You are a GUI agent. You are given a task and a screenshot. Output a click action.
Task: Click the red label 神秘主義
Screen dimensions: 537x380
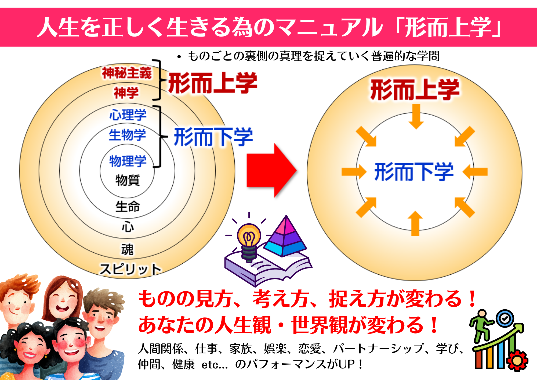tap(127, 73)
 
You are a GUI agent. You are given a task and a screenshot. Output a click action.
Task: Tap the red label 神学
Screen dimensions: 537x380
tap(126, 93)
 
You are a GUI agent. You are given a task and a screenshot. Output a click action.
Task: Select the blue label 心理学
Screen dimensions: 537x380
tap(128, 115)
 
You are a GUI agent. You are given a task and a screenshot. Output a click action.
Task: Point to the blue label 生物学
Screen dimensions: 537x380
tap(128, 135)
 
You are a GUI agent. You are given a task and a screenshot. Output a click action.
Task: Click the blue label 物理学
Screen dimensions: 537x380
tap(128, 161)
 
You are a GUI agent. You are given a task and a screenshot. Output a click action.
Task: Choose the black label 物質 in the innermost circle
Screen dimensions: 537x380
tap(128, 180)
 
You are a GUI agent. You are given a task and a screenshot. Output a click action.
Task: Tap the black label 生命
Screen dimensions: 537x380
tap(128, 207)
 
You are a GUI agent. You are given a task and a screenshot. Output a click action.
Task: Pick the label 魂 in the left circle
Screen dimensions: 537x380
tap(127, 250)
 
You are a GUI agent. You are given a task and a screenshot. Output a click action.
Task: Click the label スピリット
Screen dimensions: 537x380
tap(130, 269)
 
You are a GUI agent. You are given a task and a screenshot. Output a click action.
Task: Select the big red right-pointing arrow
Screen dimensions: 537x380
tap(271, 170)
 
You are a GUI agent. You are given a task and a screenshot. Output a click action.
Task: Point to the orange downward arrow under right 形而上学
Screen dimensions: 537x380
tap(416, 117)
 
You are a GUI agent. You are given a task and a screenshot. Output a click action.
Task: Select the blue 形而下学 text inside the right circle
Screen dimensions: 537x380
tap(414, 172)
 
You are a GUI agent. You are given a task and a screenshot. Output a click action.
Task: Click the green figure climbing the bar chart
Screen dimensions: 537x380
tap(481, 326)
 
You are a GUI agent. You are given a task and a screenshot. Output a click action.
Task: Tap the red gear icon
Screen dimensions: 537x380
tap(518, 361)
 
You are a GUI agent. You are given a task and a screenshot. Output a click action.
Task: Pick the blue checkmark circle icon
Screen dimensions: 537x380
tap(505, 318)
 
